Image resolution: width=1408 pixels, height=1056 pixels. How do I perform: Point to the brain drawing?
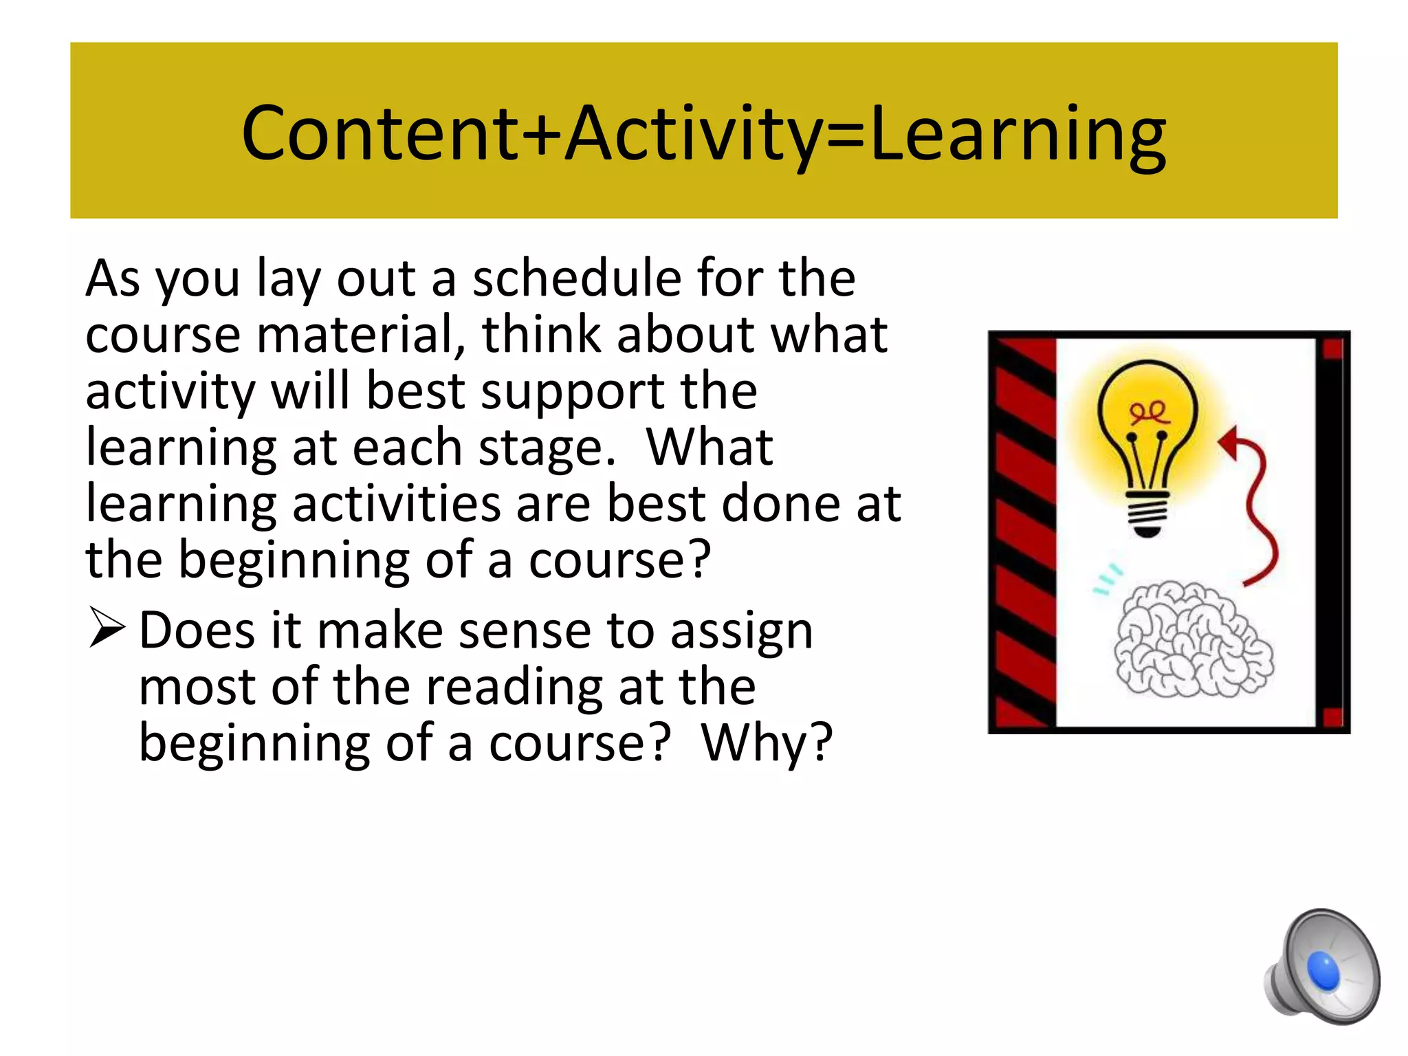click(1193, 639)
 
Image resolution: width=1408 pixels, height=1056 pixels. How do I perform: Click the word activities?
click(396, 504)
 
